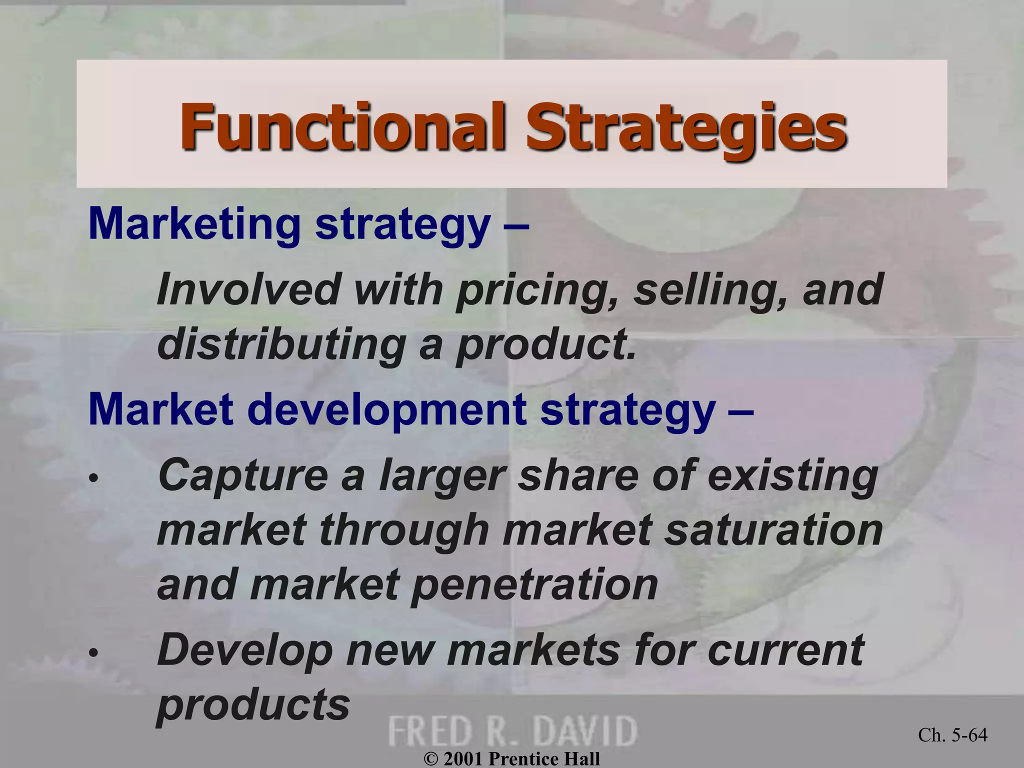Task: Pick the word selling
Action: pos(710,290)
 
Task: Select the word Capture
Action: pos(243,476)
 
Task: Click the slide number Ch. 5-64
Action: pos(952,735)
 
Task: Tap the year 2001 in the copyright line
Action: pos(462,758)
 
